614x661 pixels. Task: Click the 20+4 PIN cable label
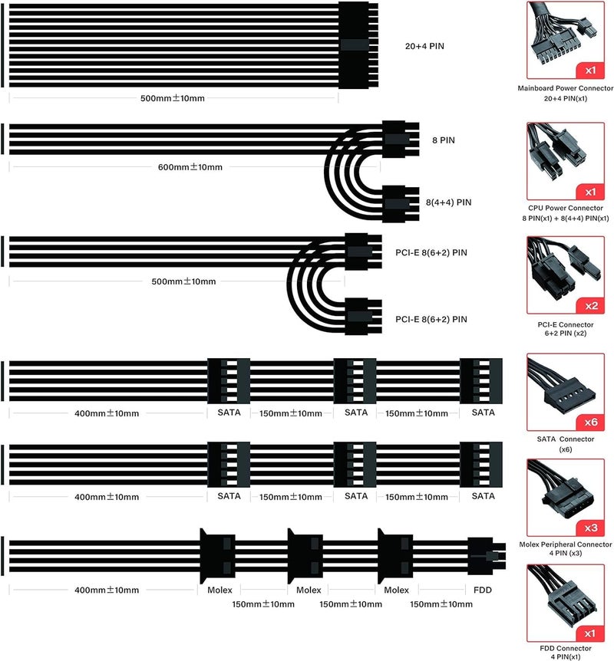pos(424,46)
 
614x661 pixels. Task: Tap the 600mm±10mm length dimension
pos(190,167)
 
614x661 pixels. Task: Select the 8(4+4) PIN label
pos(448,202)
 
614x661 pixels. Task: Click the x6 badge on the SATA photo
pos(591,422)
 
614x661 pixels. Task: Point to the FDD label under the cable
pos(482,590)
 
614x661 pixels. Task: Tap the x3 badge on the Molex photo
pos(591,528)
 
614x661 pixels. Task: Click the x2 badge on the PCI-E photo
pos(591,306)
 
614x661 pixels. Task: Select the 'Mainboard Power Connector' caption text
pos(566,88)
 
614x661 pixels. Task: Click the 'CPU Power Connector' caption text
pos(566,208)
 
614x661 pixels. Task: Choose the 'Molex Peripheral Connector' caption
pos(566,544)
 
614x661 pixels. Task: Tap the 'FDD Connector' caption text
pos(566,648)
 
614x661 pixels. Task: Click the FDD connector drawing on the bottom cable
pos(486,556)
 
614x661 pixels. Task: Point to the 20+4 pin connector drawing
pos(358,45)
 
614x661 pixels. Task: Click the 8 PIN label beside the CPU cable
pos(444,140)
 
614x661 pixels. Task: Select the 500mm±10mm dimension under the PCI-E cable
pos(183,281)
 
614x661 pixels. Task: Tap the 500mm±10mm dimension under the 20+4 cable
pos(172,98)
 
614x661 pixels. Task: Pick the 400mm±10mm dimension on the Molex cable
pos(107,590)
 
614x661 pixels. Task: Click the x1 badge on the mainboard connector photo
pos(590,71)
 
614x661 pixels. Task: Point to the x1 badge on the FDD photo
pos(590,633)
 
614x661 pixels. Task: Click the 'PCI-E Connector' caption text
pos(566,324)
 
